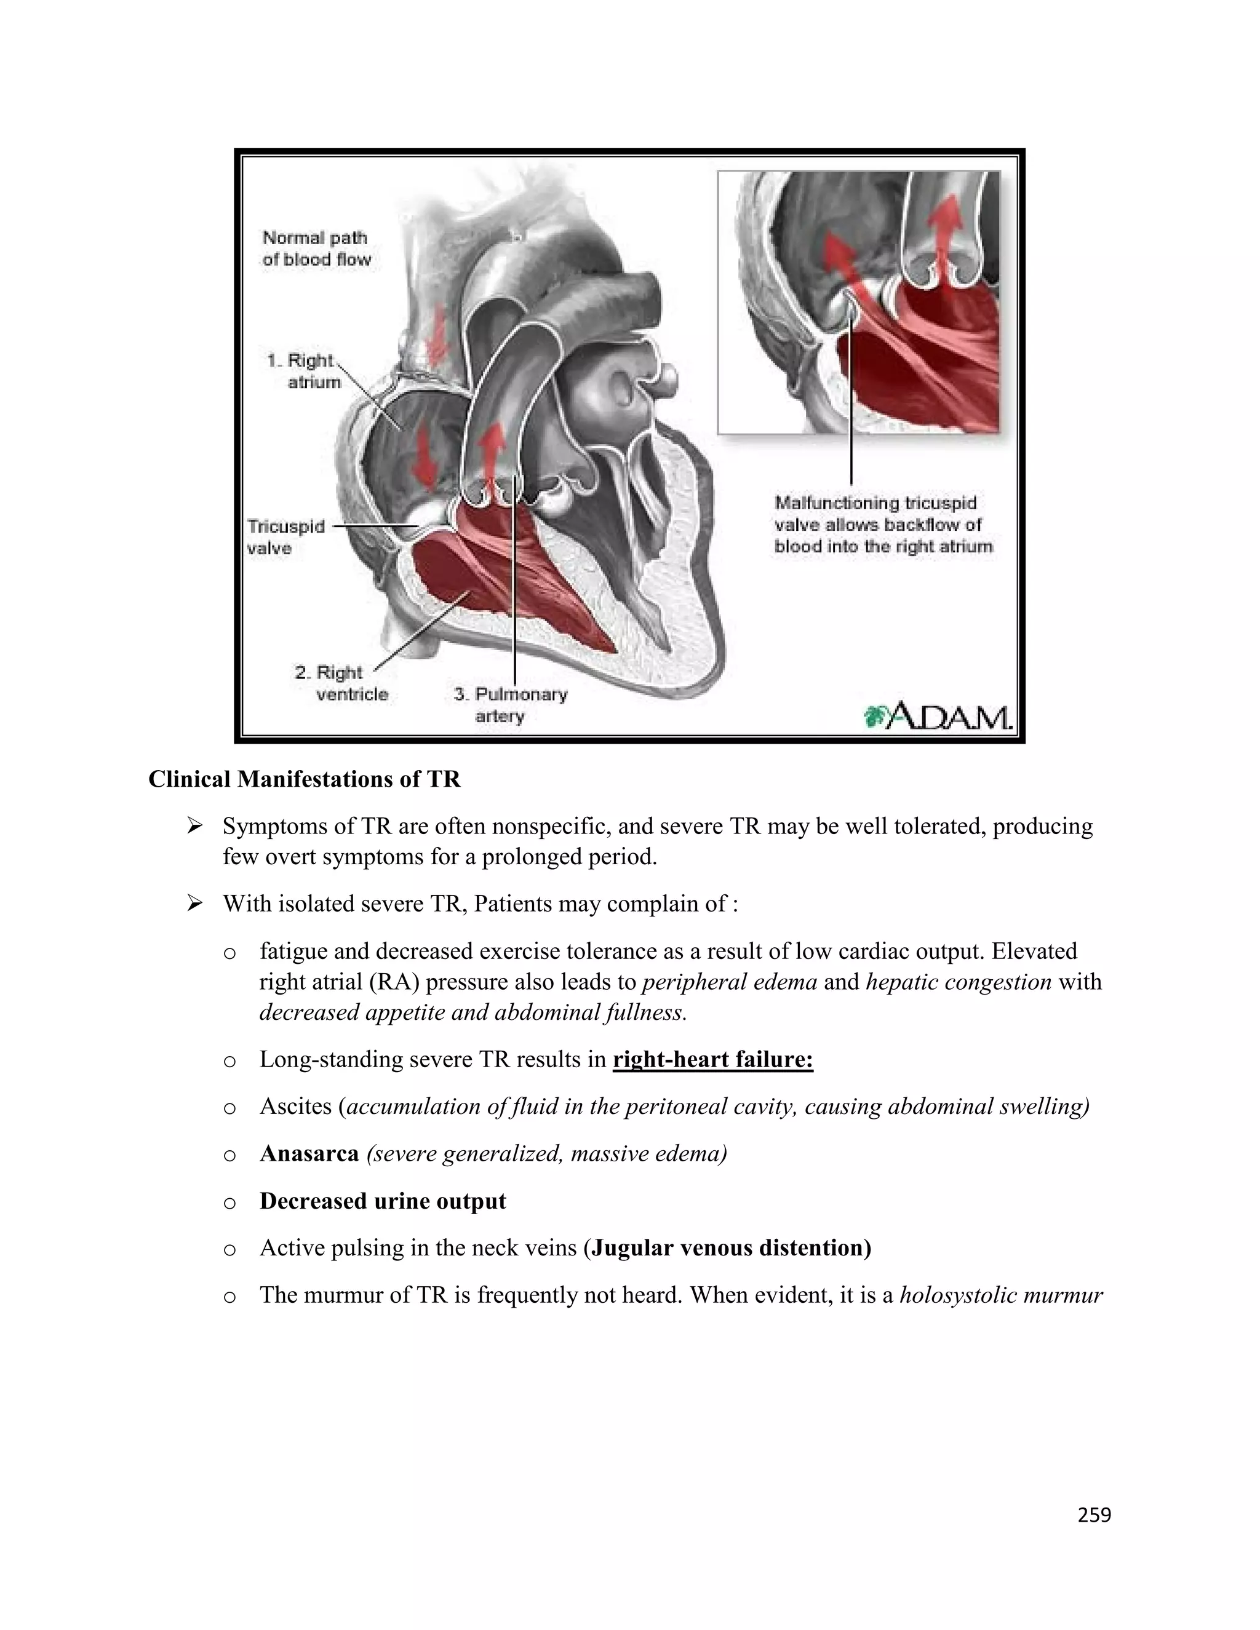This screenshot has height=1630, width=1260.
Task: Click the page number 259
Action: coord(1095,1514)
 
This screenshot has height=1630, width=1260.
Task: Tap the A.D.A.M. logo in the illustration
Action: coord(938,716)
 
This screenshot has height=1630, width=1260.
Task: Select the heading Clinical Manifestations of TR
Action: coord(305,779)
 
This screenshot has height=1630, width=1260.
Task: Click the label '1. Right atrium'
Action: coord(305,371)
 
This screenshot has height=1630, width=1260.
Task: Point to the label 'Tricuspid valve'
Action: coord(286,538)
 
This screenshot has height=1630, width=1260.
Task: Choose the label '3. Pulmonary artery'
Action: coord(511,704)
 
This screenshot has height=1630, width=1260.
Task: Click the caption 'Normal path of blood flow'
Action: coord(316,248)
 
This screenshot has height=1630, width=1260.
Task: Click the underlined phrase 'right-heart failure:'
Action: coord(713,1059)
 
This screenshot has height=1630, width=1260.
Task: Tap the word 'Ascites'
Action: coord(295,1106)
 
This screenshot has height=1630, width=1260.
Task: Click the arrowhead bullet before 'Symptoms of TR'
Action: coord(196,825)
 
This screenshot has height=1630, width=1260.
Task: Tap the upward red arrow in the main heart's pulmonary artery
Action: coord(490,455)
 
